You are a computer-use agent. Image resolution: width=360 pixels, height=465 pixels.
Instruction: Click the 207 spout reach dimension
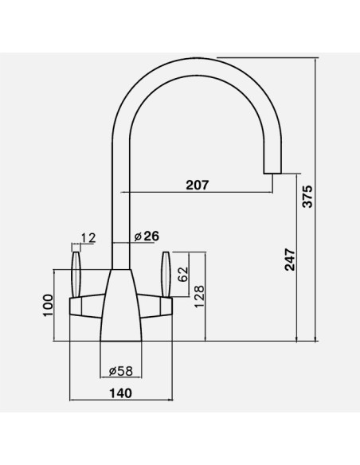point(198,185)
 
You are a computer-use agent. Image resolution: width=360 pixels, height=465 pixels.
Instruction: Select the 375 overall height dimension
point(307,197)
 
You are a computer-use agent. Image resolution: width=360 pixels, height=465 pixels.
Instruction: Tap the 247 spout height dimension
point(290,260)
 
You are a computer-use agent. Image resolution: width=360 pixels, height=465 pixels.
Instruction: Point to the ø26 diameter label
point(147,236)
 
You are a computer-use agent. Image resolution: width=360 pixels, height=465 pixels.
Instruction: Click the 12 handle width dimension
point(88,238)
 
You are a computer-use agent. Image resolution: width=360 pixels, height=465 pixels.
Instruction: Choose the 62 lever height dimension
point(182,275)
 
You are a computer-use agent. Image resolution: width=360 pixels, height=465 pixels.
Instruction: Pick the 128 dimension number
point(199,296)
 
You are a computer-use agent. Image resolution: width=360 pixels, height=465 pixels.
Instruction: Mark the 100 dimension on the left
point(48,306)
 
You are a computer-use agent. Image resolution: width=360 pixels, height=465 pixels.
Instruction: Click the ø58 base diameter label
point(121,371)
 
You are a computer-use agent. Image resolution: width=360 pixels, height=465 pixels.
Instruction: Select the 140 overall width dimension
point(121,393)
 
